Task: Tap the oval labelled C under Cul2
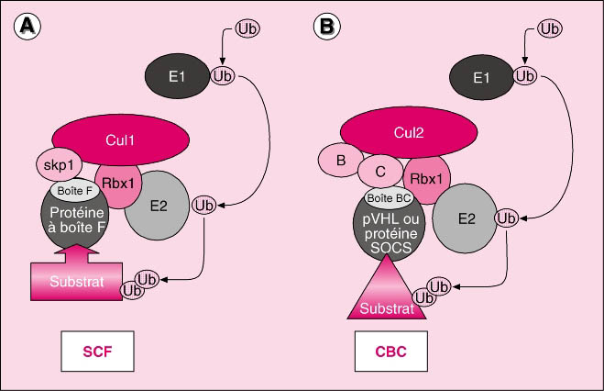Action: (x=379, y=170)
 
